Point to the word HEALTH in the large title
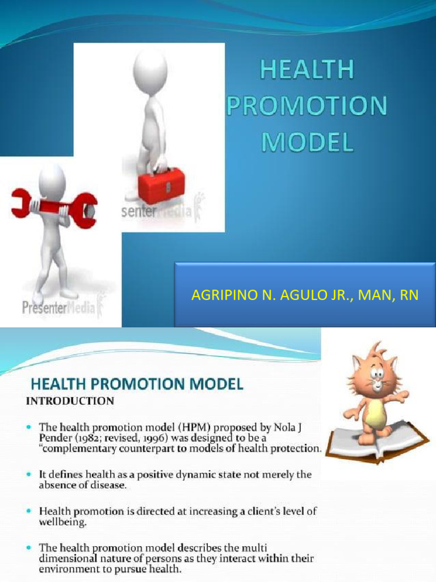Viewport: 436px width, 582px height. [307, 71]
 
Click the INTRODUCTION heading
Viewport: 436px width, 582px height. [70, 401]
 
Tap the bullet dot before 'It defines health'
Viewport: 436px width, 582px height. [29, 474]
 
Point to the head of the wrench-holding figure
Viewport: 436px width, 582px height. [52, 182]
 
